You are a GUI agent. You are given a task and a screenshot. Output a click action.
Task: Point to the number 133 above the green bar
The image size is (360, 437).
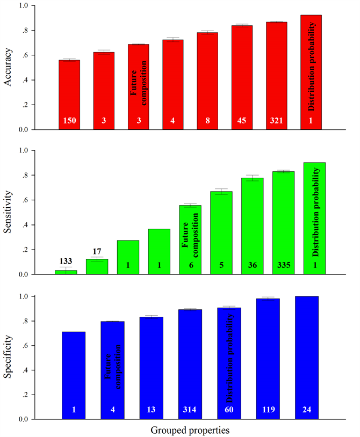tap(66, 262)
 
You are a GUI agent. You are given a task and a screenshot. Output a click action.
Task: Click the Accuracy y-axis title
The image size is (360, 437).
tap(9, 67)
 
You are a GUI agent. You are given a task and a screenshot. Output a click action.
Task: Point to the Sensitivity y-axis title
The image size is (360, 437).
tap(9, 212)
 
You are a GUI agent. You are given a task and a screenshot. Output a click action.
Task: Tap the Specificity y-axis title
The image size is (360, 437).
tap(9, 357)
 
